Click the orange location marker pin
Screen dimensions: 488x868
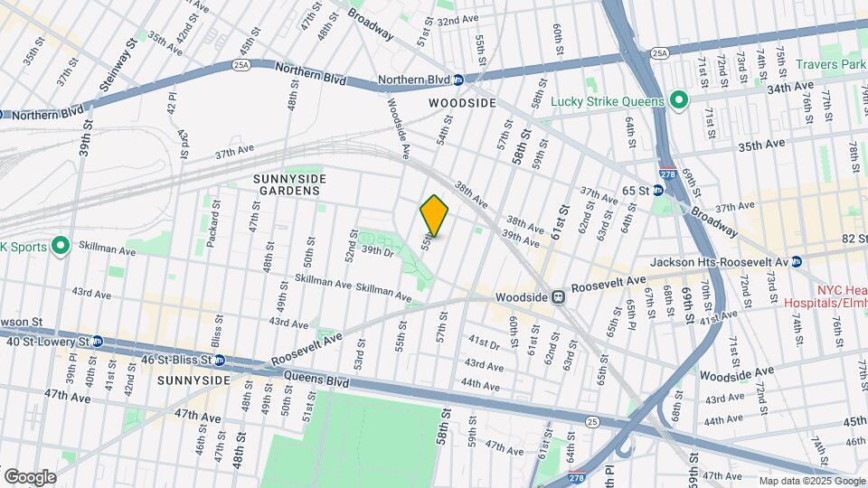[x=434, y=215]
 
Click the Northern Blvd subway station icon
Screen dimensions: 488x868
[x=458, y=80]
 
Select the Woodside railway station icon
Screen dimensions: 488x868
[x=559, y=296]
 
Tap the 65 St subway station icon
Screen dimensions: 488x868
[x=659, y=192]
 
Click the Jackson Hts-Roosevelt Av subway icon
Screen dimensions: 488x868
[x=797, y=262]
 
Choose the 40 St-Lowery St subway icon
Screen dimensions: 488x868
[x=97, y=342]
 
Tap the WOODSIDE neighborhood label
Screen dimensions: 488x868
[x=462, y=103]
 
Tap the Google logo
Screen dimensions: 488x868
[x=30, y=477]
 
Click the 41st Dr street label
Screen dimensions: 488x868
[x=484, y=341]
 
